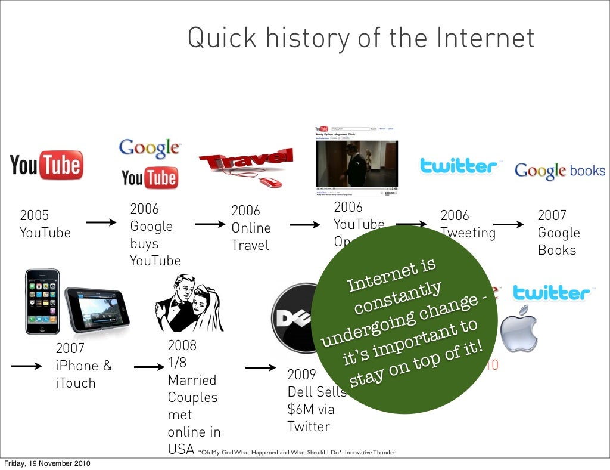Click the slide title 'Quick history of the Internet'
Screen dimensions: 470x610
(x=361, y=38)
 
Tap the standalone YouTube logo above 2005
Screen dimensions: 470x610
(x=46, y=165)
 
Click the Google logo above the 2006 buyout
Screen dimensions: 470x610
(x=149, y=149)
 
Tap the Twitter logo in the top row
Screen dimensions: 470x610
(x=458, y=166)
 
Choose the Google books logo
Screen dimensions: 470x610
(x=559, y=171)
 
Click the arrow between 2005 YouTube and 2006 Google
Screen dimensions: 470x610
(x=101, y=224)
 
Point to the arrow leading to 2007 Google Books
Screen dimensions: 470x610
(x=509, y=225)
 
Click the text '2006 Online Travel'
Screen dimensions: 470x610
(x=250, y=228)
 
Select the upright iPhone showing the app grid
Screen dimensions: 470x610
(x=42, y=301)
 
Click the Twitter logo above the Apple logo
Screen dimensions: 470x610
(x=550, y=293)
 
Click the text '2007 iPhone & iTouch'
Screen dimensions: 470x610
(x=83, y=366)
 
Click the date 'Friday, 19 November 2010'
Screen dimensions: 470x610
(x=47, y=463)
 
